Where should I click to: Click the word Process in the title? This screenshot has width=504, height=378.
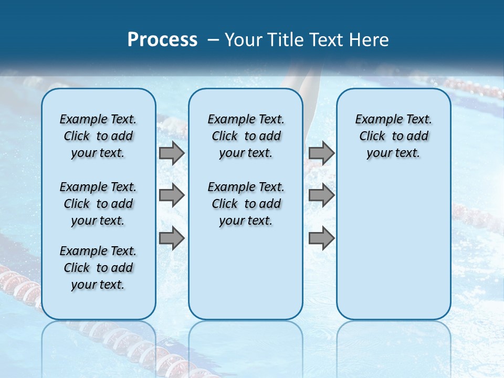(162, 39)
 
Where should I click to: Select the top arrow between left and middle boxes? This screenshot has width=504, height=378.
(172, 153)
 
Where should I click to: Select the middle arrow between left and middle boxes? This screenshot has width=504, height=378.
(172, 195)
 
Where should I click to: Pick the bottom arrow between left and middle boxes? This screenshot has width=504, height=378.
(172, 238)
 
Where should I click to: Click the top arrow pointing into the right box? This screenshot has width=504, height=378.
(321, 153)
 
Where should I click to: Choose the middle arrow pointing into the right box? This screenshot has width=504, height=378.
(321, 195)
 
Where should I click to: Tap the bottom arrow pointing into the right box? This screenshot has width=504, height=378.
(321, 238)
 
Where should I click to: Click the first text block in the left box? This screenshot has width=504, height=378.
(98, 136)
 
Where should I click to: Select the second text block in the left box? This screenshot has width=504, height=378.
(98, 204)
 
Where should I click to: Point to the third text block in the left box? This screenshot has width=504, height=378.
(98, 268)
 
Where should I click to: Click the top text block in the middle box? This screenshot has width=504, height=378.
(246, 136)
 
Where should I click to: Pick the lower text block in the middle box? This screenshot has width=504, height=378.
(246, 204)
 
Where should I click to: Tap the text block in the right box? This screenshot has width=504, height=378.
(393, 136)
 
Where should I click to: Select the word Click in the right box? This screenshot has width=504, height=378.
(372, 136)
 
